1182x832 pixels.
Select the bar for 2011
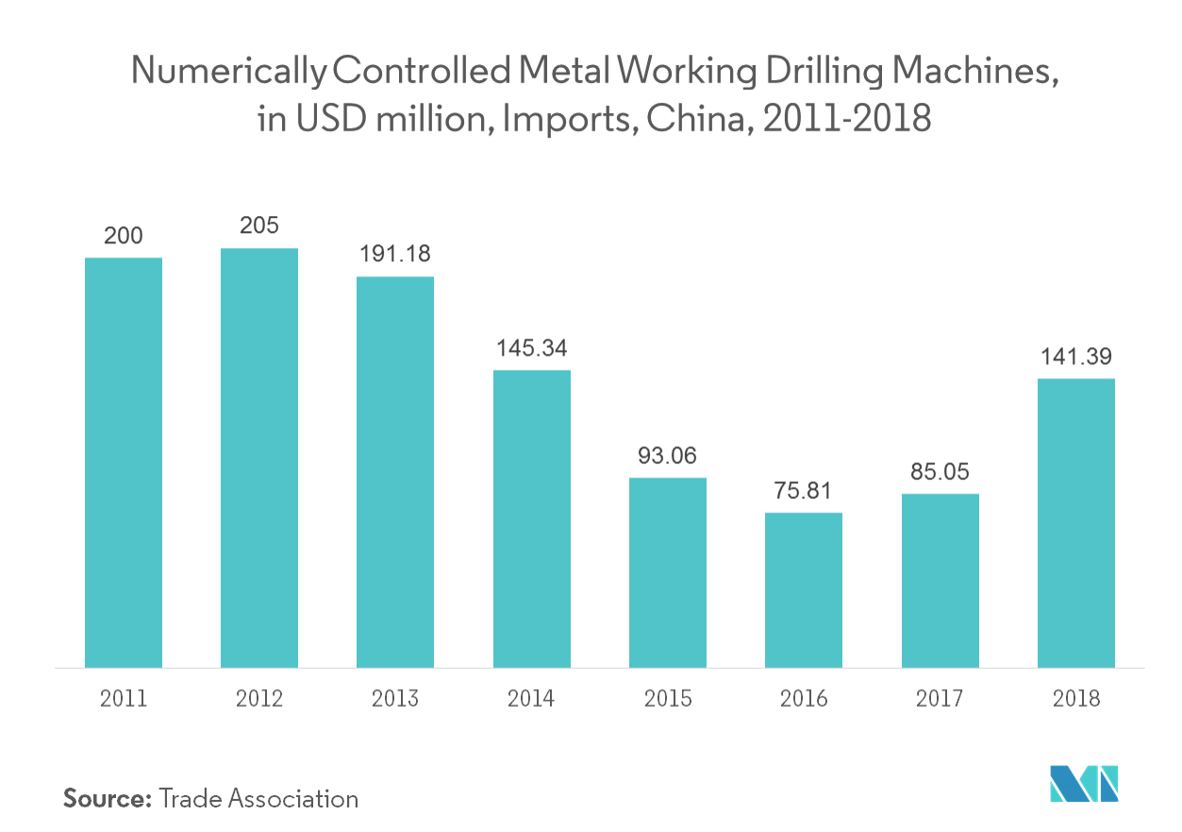(124, 462)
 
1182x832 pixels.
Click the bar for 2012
(259, 458)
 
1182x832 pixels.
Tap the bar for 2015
(668, 572)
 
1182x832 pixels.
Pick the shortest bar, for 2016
(804, 590)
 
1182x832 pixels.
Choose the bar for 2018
(1076, 523)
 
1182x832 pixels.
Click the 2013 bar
(395, 472)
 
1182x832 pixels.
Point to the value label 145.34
(532, 348)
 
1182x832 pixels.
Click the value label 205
(259, 226)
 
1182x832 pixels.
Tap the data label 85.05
(940, 472)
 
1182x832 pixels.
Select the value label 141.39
(1076, 357)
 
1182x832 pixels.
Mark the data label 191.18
(395, 255)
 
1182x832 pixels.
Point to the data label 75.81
(804, 491)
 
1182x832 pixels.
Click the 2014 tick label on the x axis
(532, 698)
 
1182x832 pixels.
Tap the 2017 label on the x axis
(940, 698)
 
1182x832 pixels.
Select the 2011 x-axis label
(124, 698)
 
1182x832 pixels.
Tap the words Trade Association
(259, 798)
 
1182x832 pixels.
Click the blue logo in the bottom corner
(1084, 783)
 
